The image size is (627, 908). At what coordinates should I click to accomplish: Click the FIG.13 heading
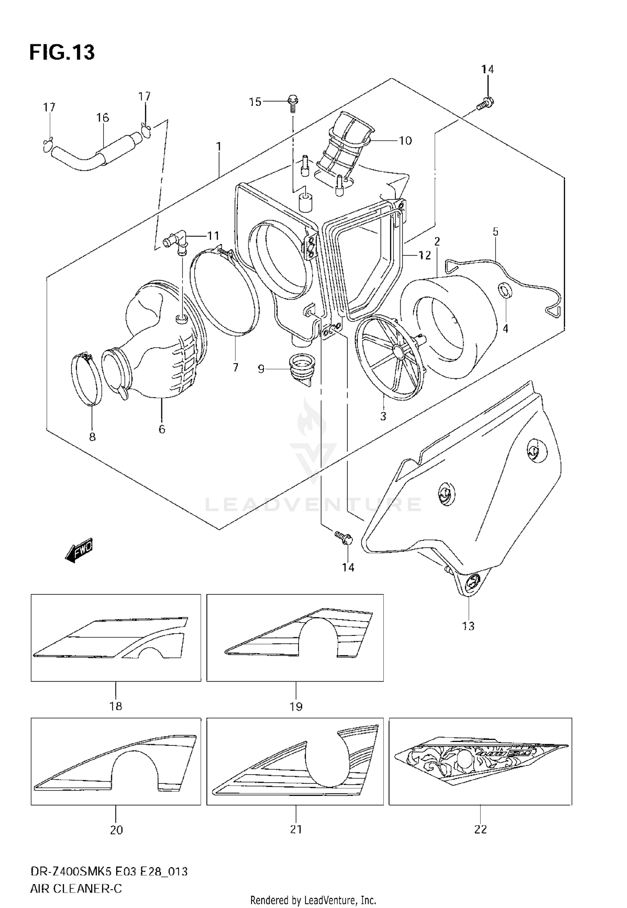[x=62, y=53]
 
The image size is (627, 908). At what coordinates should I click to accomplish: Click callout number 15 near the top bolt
[x=255, y=102]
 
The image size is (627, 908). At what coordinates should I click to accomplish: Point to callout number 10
[x=405, y=140]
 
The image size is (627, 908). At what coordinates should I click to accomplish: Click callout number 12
[x=425, y=255]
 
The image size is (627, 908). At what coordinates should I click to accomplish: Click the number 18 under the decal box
[x=116, y=706]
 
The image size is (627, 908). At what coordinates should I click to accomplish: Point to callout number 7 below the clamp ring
[x=235, y=367]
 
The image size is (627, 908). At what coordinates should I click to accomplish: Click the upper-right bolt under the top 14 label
[x=485, y=103]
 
